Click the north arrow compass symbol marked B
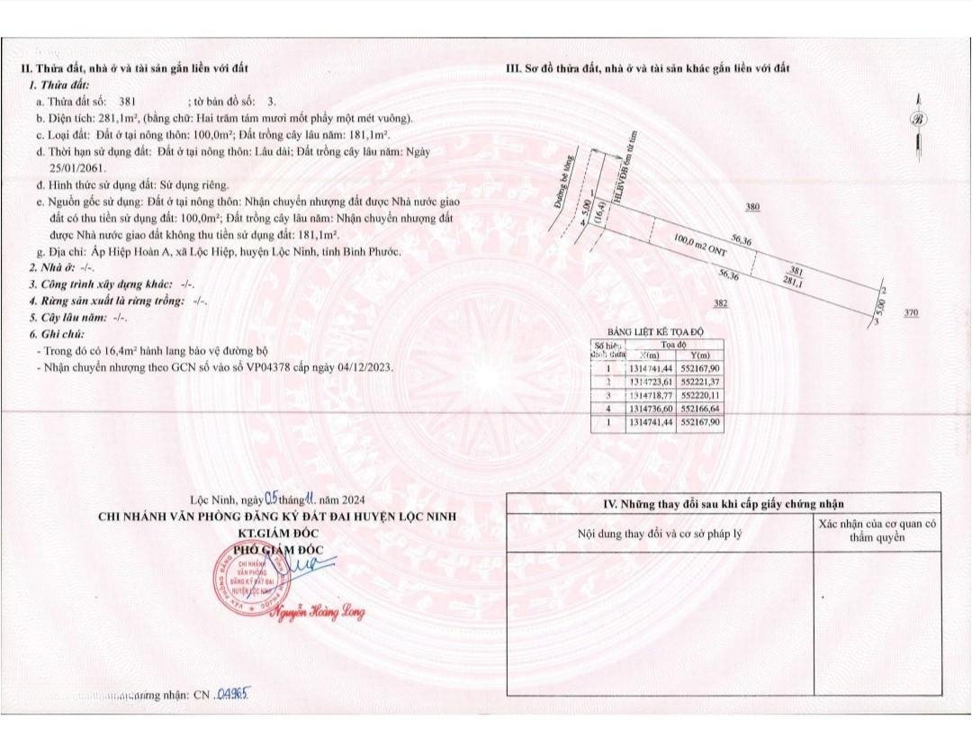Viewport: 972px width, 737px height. [918, 120]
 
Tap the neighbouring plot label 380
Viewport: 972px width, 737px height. [753, 207]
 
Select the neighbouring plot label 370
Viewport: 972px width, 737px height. [911, 312]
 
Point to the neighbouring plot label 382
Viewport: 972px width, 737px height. [720, 304]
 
